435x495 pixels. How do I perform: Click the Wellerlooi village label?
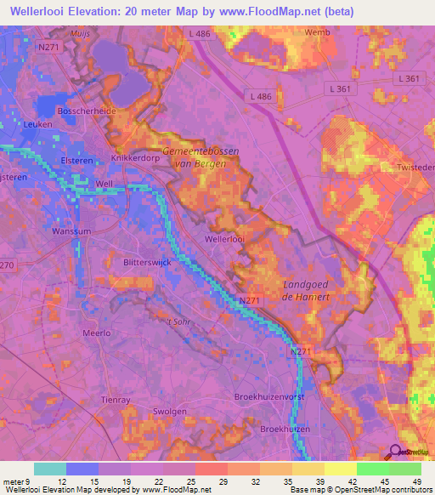[x=224, y=241]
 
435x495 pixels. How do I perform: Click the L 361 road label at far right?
[x=408, y=79]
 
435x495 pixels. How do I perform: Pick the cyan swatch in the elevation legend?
[x=50, y=468]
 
